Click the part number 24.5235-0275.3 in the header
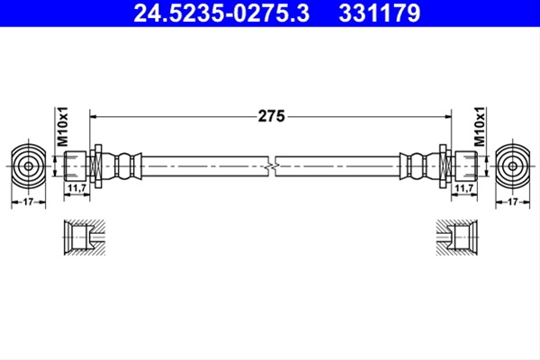pyautogui.click(x=221, y=13)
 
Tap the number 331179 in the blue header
pyautogui.click(x=379, y=13)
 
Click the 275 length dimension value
pyautogui.click(x=272, y=116)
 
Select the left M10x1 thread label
pyautogui.click(x=63, y=126)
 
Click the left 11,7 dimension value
pyautogui.click(x=76, y=188)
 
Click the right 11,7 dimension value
pyautogui.click(x=464, y=188)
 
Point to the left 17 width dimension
pyautogui.click(x=28, y=202)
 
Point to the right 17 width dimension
pyautogui.click(x=513, y=202)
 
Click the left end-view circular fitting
pyautogui.click(x=28, y=166)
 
